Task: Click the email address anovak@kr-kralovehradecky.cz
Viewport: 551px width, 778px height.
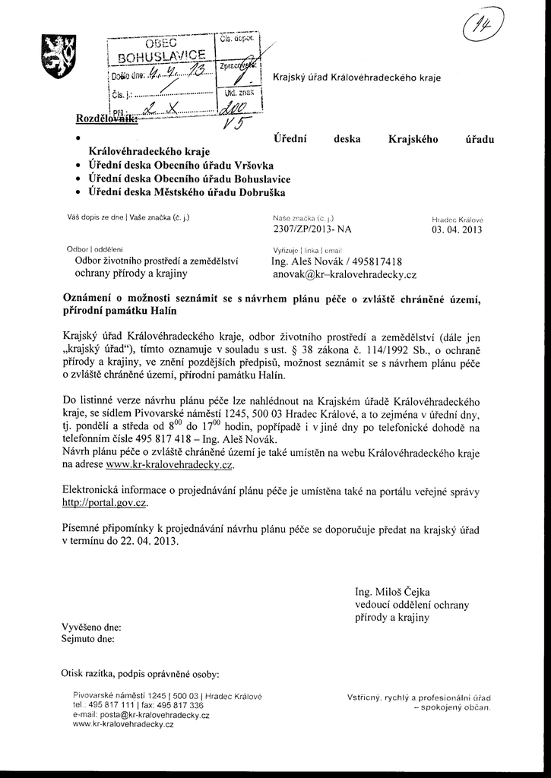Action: point(344,275)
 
